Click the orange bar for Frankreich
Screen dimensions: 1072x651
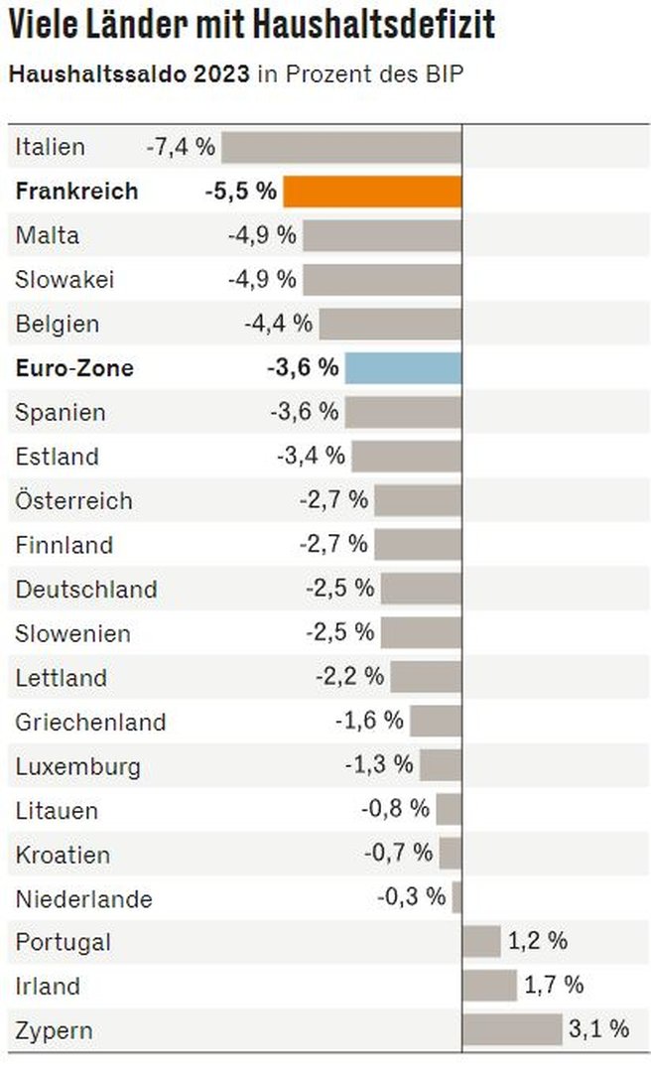[372, 192]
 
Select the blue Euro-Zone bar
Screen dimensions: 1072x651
[403, 368]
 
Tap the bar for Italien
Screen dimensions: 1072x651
[341, 148]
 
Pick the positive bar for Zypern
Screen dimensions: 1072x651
[512, 1029]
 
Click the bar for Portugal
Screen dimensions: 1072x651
[481, 941]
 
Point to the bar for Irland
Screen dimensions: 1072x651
[489, 986]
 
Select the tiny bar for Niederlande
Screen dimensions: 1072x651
[456, 897]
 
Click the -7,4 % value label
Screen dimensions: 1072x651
[181, 148]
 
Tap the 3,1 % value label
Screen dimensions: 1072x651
[598, 1029]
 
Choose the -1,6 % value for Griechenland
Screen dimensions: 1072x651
[369, 721]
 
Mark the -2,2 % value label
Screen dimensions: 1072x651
[349, 677]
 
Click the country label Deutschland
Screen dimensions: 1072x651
[86, 589]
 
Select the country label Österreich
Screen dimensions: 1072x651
[73, 500]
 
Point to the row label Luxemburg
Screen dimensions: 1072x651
[77, 765]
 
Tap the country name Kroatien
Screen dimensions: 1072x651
[63, 854]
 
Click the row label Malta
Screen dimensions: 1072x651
[47, 236]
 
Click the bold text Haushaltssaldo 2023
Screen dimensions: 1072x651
[128, 74]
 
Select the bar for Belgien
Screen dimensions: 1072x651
[390, 324]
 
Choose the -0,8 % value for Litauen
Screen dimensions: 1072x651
[395, 809]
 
